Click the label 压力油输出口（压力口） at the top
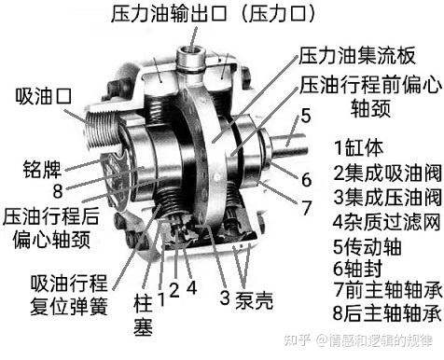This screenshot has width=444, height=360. click(x=214, y=14)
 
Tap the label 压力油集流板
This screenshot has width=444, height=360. click(x=356, y=56)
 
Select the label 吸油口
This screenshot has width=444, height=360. click(x=44, y=96)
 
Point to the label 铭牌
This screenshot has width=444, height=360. click(x=42, y=169)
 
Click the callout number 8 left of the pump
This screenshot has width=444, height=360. click(x=58, y=191)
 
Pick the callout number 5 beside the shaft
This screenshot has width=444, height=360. click(x=306, y=116)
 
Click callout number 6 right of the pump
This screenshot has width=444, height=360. click(x=306, y=180)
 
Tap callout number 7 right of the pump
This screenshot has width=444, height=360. click(x=306, y=207)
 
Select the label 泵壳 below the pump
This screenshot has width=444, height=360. click(x=254, y=300)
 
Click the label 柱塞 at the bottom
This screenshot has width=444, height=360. click(x=143, y=315)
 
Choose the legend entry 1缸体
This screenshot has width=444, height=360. click(x=358, y=147)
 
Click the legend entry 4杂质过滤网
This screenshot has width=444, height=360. click(x=387, y=222)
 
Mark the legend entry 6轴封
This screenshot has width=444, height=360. click(x=357, y=269)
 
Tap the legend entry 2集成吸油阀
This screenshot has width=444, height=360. click(x=387, y=173)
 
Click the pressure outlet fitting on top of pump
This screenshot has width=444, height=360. click(x=190, y=59)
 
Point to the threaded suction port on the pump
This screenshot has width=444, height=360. click(x=100, y=131)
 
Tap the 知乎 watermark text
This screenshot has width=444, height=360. click(x=297, y=340)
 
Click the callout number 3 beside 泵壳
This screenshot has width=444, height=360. click(x=225, y=298)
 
